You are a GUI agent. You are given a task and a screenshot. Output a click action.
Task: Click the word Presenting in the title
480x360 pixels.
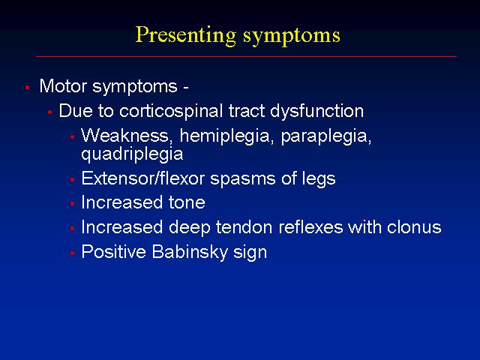pos(186,36)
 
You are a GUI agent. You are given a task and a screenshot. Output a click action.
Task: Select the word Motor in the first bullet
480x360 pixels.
pos(63,86)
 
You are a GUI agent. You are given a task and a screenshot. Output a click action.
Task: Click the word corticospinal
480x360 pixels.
pos(171,111)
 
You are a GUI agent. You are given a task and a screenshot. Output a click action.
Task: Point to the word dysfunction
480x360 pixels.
pos(316,111)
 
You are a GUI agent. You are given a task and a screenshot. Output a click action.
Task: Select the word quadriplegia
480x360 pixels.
pos(132,154)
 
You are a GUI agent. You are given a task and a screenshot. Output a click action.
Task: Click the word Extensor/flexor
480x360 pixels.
pos(143,178)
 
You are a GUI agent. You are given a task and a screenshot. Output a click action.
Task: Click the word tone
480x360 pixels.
pos(187,203)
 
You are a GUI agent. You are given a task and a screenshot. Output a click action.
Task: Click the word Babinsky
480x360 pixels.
pos(190,252)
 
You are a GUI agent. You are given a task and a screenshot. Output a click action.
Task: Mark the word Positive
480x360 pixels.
pos(113,252)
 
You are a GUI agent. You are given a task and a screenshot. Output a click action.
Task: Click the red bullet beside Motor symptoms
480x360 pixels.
pos(28,88)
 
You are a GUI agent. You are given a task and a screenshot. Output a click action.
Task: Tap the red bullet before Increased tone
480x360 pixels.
pos(72,203)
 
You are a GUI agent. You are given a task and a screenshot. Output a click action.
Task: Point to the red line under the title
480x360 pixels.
pos(246,56)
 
